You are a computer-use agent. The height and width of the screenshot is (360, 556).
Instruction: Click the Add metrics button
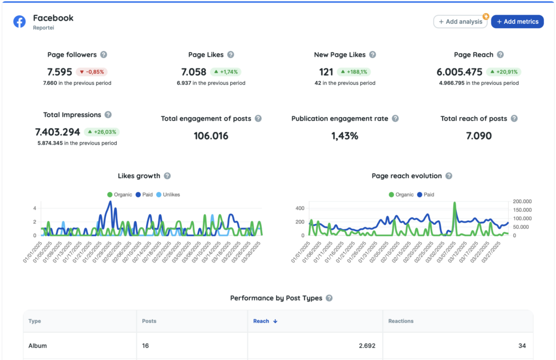coord(517,22)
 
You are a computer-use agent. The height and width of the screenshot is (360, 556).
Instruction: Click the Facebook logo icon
coord(20,22)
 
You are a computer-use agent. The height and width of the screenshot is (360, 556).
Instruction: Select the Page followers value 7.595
coord(60,72)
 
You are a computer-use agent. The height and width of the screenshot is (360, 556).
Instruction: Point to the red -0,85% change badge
coord(92,72)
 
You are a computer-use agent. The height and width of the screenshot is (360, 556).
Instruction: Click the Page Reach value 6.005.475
coord(459,72)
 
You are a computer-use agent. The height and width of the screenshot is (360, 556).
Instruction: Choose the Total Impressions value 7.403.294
coord(58,132)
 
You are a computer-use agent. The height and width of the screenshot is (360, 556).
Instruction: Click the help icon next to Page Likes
coord(231,55)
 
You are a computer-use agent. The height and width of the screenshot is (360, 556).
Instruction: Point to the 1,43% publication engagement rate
coord(345,136)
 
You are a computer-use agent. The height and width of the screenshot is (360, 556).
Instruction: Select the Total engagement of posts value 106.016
coord(211,136)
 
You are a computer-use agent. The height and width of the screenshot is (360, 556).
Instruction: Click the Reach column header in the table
coord(261,321)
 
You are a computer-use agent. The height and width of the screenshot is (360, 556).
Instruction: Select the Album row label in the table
coord(38,346)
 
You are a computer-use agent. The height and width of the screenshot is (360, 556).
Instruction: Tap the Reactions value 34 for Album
coord(522,346)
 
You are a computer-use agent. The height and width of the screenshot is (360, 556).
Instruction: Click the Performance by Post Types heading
coord(276,298)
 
